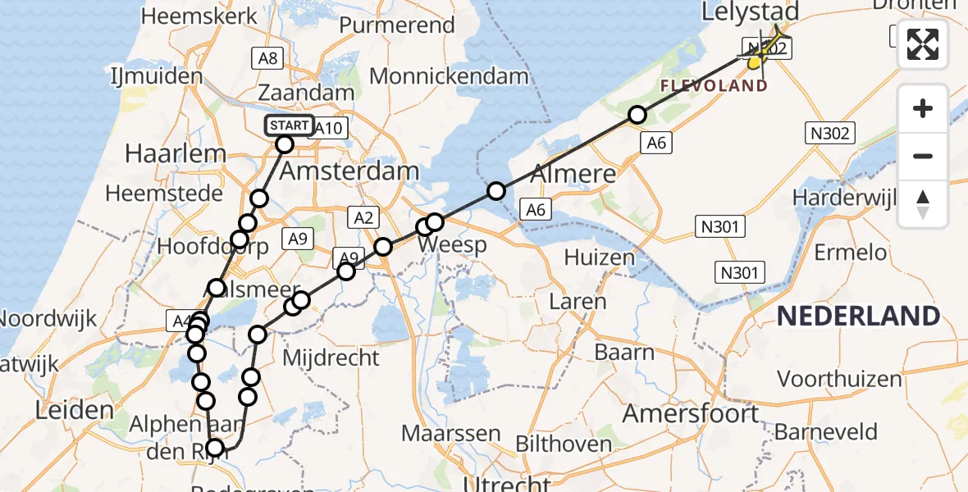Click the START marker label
[289, 125]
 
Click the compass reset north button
[923, 204]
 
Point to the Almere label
[573, 174]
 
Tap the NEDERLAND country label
[858, 316]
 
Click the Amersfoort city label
[692, 413]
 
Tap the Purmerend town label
[396, 25]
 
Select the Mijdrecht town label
[331, 358]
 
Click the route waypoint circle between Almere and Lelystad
[637, 116]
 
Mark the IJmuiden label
[156, 76]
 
